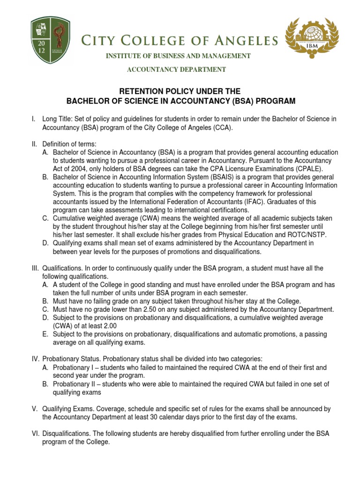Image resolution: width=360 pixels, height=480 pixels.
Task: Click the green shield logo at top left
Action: [51, 41]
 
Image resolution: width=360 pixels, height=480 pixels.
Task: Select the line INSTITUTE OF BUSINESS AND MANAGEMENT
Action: [178, 56]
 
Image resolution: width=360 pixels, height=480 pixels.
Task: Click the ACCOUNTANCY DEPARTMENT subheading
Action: [177, 70]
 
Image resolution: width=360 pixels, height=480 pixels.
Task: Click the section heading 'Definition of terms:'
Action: [69, 144]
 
